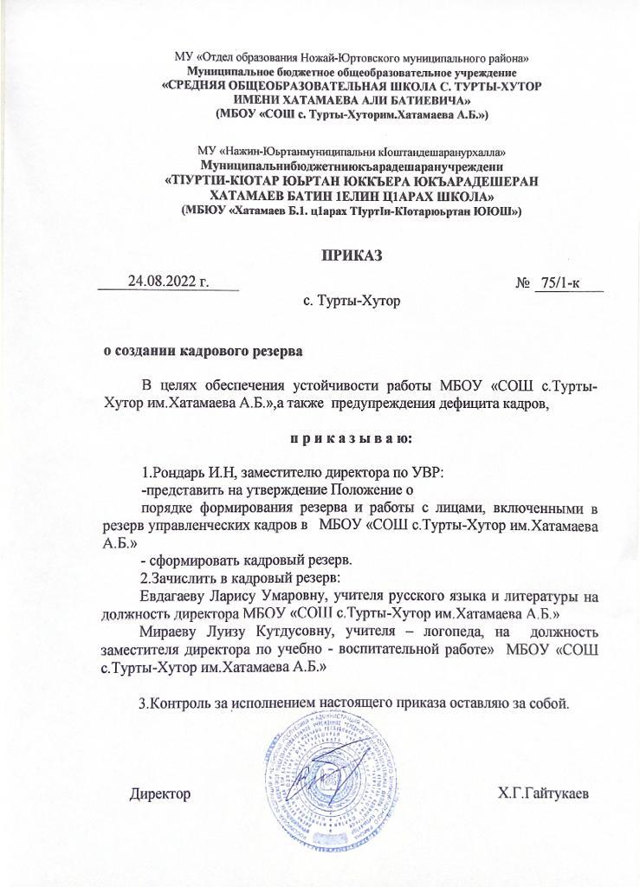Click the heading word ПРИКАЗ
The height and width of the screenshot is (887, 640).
[x=351, y=256]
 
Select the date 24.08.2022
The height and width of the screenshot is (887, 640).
[x=170, y=282]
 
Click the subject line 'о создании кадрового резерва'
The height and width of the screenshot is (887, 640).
[x=204, y=353]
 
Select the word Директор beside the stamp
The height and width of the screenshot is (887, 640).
[x=159, y=793]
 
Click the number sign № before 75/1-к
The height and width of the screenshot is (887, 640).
[x=522, y=283]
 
